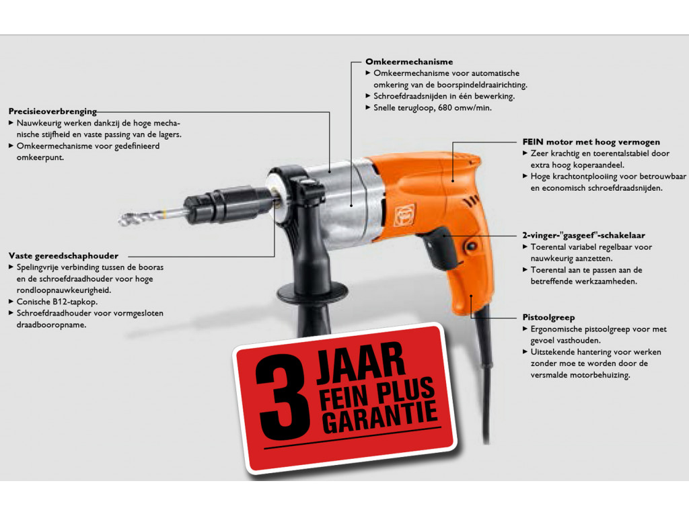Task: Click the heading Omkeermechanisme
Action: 408,62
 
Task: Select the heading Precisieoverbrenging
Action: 52,112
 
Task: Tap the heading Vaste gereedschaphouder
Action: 63,256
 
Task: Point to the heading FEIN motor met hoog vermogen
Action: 591,142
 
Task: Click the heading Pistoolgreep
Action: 548,317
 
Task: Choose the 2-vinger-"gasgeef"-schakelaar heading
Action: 583,235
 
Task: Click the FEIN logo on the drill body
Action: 404,216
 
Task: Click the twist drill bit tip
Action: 121,220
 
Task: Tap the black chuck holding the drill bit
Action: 226,204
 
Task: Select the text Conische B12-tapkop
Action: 57,302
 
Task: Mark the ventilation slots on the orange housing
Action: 471,202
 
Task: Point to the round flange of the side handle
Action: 312,292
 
